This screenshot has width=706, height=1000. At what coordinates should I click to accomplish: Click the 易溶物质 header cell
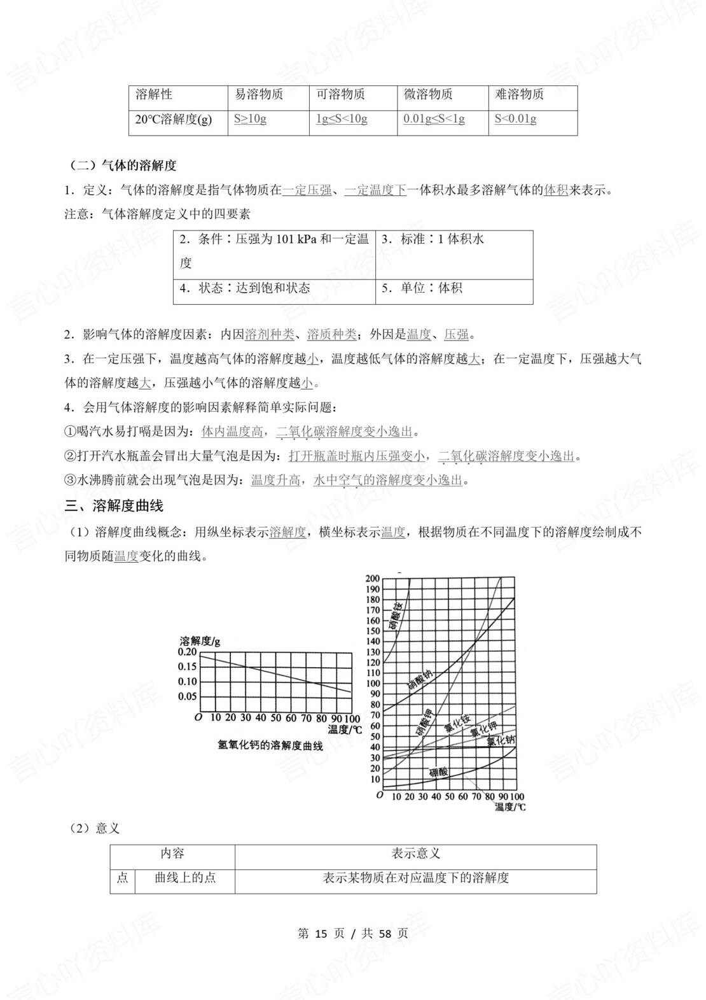pos(259,95)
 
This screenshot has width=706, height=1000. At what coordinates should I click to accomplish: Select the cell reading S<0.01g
pos(515,119)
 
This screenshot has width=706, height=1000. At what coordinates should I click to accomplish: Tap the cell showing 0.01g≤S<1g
pos(434,119)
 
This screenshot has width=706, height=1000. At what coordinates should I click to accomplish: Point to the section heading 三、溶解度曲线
pos(114,506)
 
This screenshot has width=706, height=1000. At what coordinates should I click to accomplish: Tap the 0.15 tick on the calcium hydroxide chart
pos(187,667)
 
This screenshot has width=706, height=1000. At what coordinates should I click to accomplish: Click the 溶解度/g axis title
pos(200,640)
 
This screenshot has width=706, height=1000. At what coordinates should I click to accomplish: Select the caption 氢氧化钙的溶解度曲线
pos(270,745)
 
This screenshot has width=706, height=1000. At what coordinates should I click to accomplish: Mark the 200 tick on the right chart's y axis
pos(372,579)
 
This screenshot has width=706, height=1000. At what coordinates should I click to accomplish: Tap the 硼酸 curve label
pos(438,772)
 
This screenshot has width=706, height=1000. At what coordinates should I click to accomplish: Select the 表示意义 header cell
pos(415,854)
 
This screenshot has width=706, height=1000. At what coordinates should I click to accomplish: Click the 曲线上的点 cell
pos(185,878)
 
